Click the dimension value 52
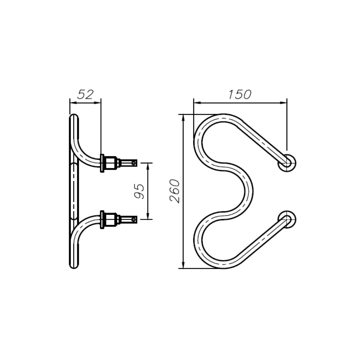click(85, 94)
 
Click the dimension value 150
click(240, 94)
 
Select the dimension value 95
click(139, 191)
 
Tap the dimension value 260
click(175, 191)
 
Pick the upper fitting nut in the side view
click(111, 163)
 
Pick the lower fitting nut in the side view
click(111, 219)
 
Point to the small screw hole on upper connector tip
click(134, 163)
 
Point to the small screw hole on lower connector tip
click(134, 219)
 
